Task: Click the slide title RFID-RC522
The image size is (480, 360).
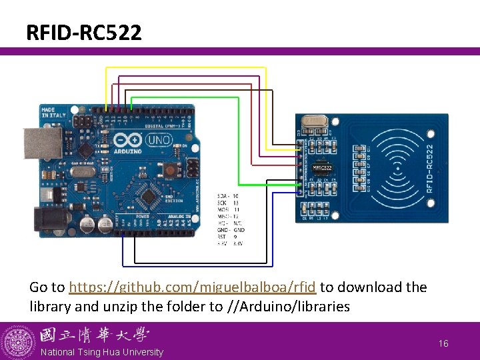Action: [84, 32]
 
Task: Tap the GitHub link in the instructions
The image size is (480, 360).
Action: [192, 287]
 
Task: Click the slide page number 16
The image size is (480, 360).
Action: [443, 343]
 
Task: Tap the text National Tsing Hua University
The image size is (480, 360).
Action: [101, 352]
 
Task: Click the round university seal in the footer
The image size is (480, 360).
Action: [18, 341]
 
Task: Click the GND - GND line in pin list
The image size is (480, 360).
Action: [231, 229]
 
